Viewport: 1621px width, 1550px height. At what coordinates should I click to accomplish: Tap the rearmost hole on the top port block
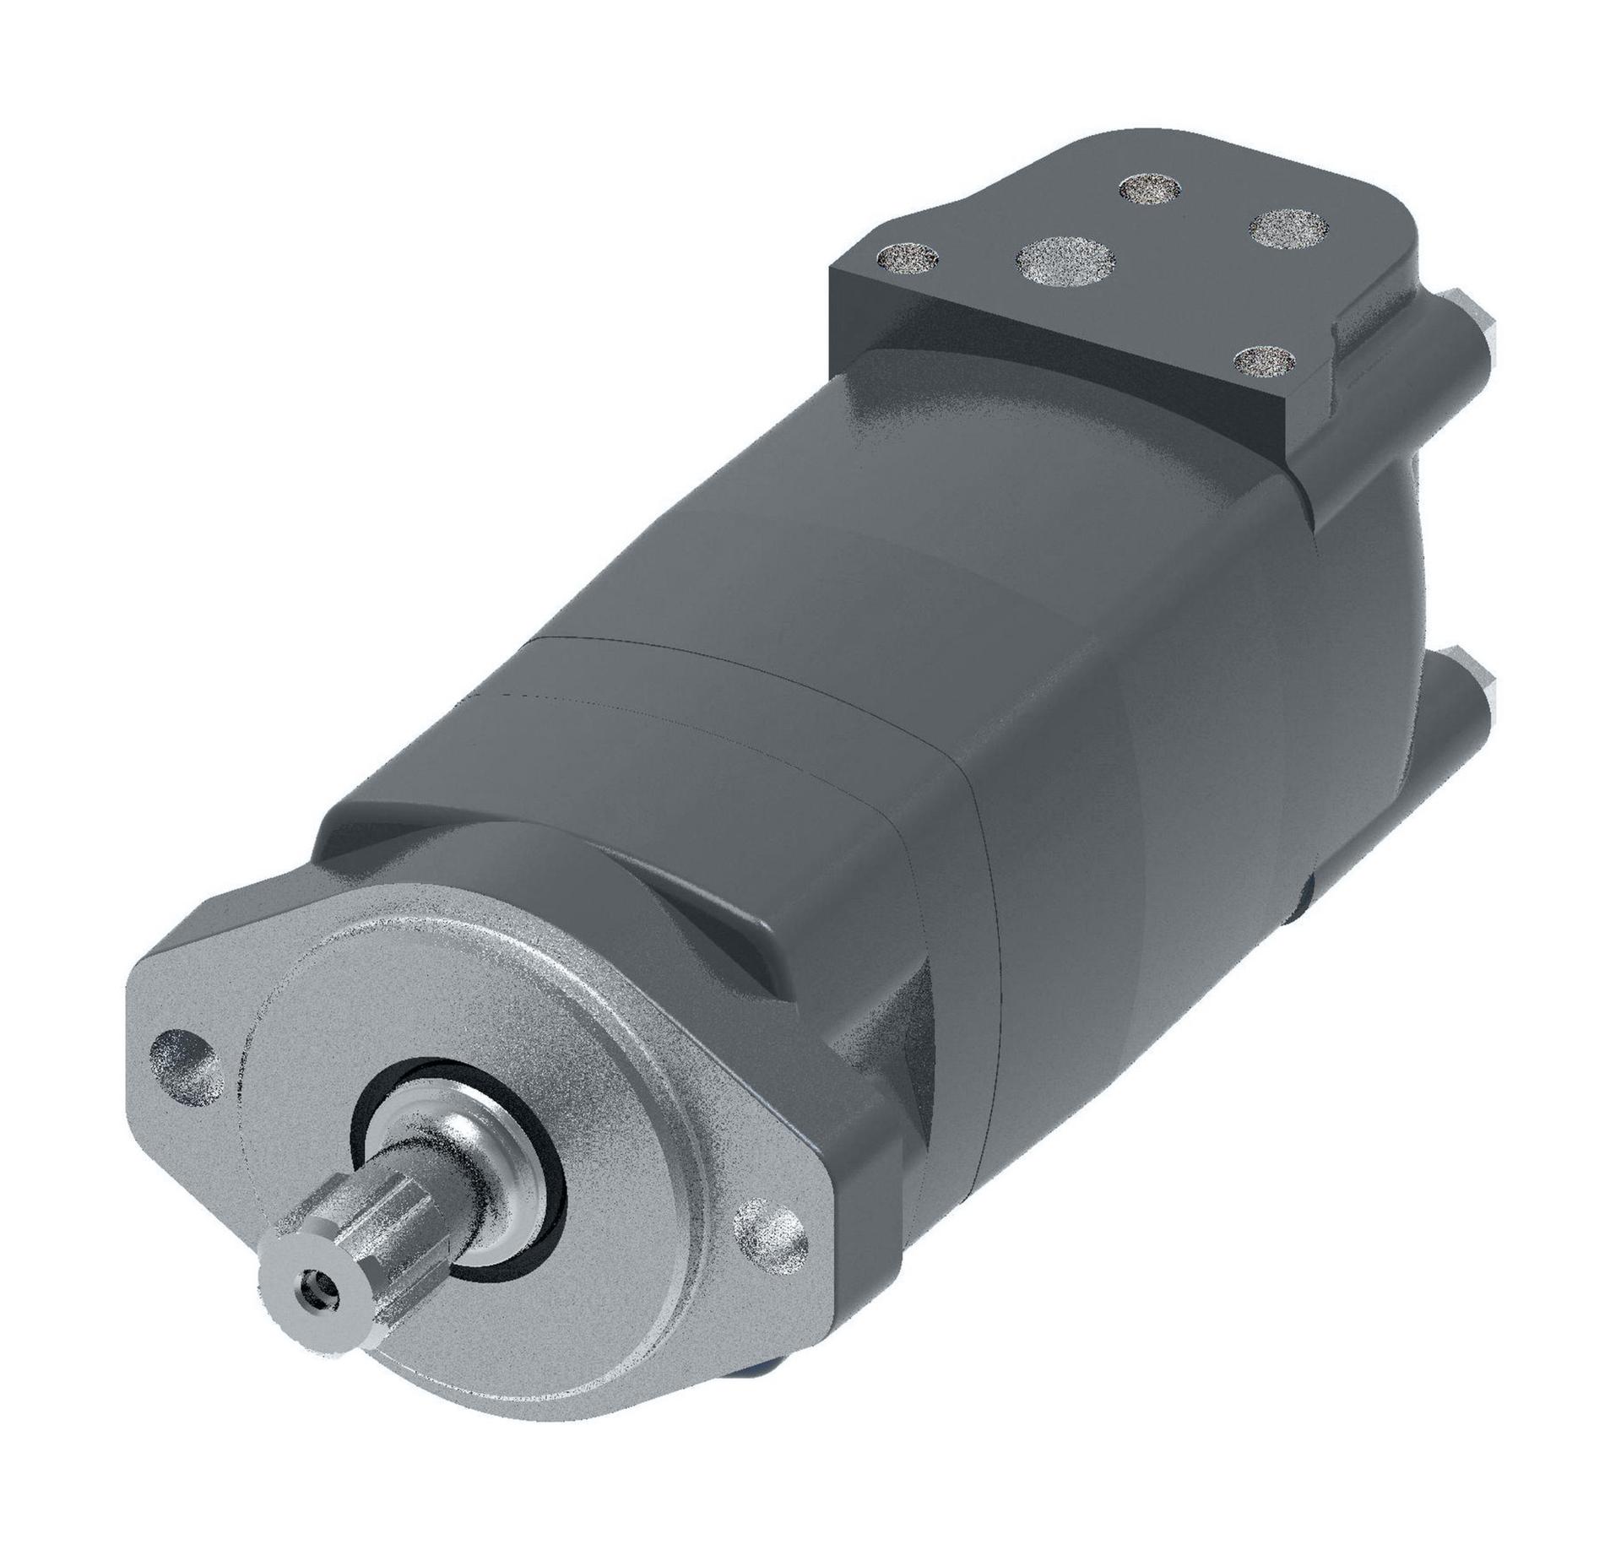click(x=1150, y=188)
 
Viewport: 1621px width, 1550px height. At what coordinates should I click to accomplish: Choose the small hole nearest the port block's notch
click(x=1264, y=361)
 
